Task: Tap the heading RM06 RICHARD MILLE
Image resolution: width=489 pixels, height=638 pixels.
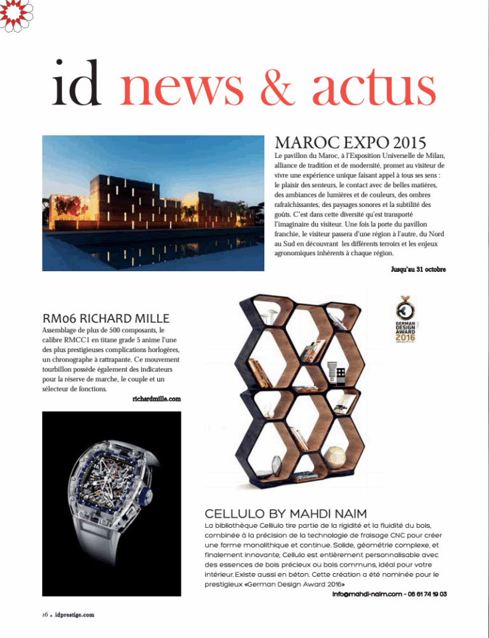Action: click(x=106, y=318)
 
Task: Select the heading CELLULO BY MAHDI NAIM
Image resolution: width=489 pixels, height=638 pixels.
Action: click(x=285, y=513)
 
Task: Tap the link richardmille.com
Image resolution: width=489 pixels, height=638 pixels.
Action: click(x=157, y=399)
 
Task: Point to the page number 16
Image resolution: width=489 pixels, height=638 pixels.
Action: click(x=39, y=614)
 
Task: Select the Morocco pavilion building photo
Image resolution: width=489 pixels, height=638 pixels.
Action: click(x=153, y=202)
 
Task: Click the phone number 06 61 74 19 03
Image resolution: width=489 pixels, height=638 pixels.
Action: click(x=424, y=594)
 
